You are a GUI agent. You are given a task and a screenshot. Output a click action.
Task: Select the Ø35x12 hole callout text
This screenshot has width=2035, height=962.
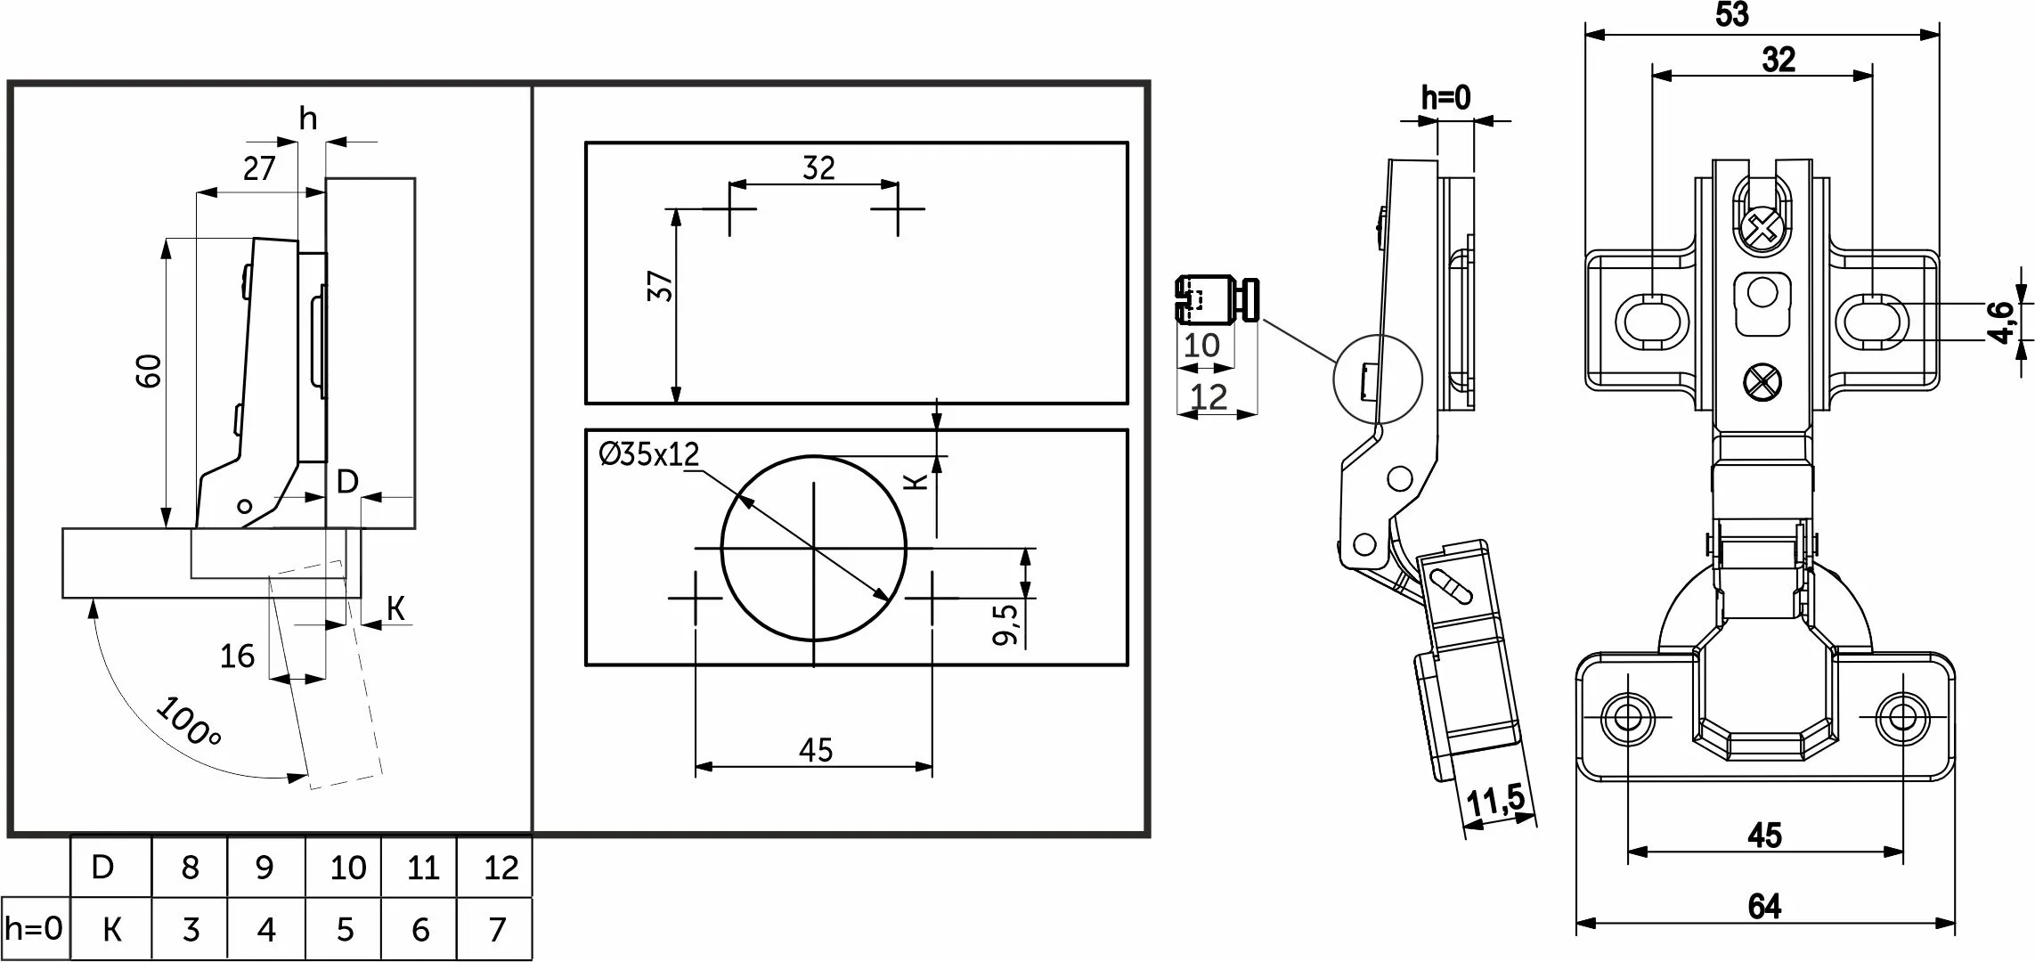[649, 454]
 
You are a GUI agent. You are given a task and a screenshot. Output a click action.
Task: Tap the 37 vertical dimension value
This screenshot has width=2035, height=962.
[661, 286]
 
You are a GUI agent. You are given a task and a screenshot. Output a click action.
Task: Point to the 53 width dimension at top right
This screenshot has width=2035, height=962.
[1731, 15]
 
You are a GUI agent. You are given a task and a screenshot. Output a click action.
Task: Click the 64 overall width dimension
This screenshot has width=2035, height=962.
[1764, 907]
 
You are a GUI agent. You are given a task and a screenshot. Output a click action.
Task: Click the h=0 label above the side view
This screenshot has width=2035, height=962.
[1445, 98]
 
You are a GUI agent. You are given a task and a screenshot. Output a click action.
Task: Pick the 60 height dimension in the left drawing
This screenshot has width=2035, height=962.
[149, 371]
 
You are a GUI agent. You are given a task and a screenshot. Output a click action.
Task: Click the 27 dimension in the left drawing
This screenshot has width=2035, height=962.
[259, 168]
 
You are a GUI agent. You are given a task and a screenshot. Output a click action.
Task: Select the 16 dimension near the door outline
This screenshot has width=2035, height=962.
[237, 656]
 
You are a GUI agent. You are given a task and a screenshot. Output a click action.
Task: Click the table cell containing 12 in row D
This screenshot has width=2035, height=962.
[501, 868]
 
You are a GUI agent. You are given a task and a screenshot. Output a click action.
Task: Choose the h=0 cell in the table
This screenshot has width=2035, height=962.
[34, 929]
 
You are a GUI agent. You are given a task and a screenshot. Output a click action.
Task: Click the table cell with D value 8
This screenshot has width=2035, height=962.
[190, 868]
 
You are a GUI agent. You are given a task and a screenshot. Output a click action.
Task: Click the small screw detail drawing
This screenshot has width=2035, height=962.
[1216, 299]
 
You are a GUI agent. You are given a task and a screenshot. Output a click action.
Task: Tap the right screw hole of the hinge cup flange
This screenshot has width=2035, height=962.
[1903, 716]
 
